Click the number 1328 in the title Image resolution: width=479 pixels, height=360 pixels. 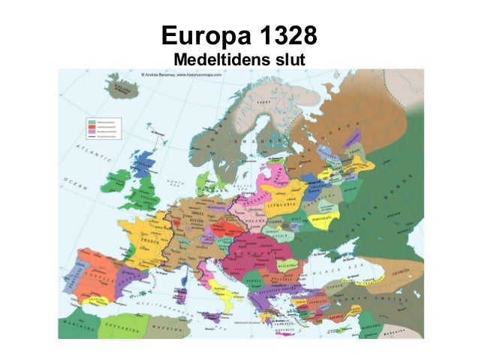(285, 35)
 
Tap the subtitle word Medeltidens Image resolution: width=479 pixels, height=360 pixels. (214, 59)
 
